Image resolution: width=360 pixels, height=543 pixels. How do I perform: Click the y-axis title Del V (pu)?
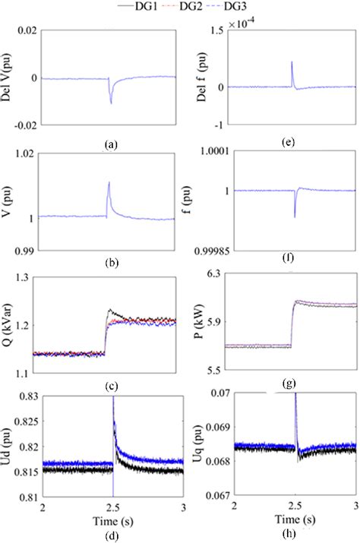[x=10, y=78]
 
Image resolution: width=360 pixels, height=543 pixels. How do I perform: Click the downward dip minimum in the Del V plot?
[x=111, y=102]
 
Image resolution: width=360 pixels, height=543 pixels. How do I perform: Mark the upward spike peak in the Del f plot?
[x=292, y=62]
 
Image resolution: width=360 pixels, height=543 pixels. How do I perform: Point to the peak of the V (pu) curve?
[x=109, y=182]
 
